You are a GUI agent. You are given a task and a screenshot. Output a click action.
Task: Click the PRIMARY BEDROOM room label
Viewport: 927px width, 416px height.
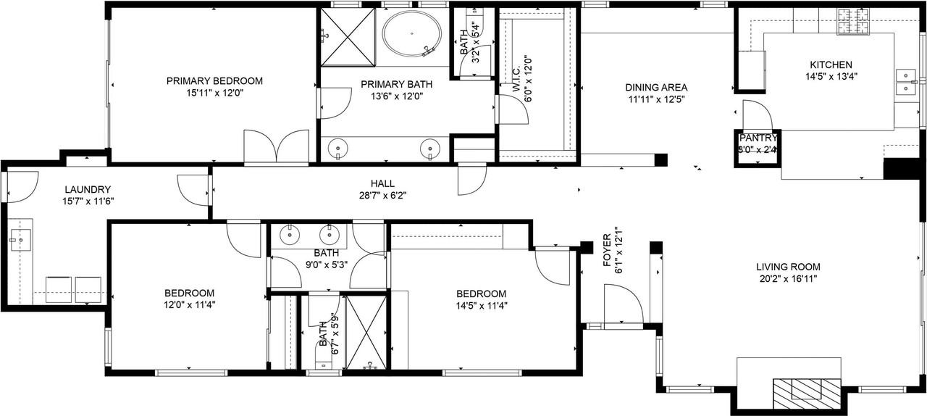(214, 81)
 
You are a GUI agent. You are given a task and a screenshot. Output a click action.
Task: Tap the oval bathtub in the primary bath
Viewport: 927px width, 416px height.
(411, 34)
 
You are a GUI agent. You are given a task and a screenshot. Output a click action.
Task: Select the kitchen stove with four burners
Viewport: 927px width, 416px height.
(853, 22)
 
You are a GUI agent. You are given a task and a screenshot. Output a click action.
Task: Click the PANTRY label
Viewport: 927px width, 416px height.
(758, 138)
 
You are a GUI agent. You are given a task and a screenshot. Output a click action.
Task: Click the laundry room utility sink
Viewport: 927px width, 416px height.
(20, 238)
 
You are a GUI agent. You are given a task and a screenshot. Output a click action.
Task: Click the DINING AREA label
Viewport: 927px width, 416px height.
(655, 88)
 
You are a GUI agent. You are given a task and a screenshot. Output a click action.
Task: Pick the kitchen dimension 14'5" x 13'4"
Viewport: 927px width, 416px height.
(831, 76)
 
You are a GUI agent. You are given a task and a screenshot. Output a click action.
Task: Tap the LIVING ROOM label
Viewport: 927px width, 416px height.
(788, 267)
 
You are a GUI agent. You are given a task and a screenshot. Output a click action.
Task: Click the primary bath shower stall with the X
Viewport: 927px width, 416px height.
(348, 36)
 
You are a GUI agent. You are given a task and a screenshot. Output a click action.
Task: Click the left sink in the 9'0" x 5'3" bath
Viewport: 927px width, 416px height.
(290, 234)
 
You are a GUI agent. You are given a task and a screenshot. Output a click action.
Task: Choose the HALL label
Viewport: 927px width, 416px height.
(382, 184)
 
